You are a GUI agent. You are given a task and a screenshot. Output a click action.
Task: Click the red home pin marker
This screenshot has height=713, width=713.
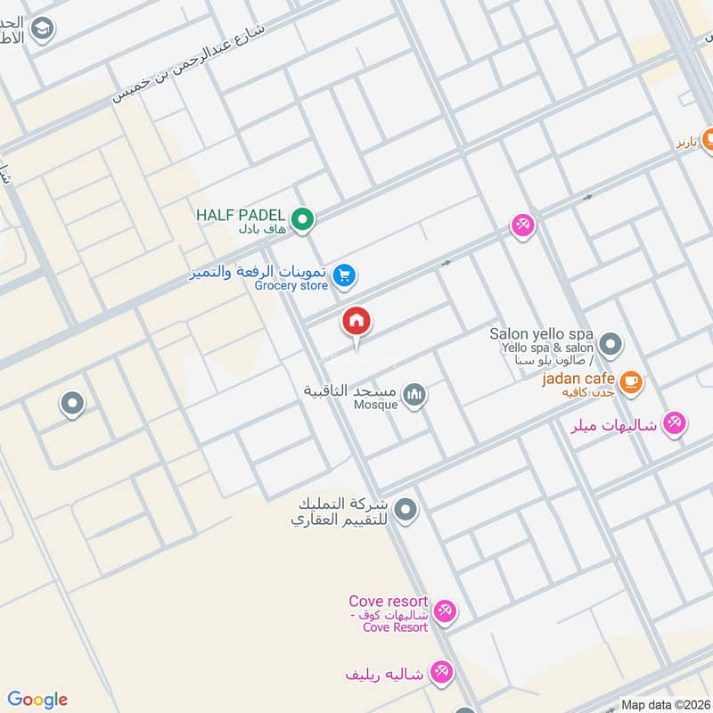356,322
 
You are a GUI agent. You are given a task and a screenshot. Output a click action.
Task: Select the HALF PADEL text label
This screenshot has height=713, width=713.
241,215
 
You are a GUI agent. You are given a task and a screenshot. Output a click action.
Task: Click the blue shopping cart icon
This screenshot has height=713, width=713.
346,277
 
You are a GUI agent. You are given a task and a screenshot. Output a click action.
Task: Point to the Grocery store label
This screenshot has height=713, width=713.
291,286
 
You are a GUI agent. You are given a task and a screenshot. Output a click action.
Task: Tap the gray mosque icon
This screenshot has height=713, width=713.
414,395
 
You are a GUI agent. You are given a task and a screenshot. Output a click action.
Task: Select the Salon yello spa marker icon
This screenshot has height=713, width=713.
611,343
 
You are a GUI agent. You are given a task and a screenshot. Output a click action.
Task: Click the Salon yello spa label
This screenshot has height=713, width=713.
541,334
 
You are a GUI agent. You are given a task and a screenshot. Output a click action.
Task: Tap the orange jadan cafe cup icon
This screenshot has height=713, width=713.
631,381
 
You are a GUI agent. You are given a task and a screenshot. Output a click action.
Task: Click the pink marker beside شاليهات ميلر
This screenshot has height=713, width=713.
675,424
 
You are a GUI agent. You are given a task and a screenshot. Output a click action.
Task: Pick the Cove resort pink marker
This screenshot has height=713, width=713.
446,611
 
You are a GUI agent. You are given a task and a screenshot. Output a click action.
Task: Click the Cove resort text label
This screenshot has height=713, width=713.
389,602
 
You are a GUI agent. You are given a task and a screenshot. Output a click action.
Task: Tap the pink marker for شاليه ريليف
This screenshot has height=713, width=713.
439,672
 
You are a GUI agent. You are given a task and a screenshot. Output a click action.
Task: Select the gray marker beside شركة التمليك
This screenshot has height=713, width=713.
406,511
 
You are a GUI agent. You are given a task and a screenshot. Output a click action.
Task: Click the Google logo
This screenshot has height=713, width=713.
37,700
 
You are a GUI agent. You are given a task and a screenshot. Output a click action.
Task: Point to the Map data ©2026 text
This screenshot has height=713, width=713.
664,704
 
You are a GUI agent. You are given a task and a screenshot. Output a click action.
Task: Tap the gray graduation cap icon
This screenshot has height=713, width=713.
41,29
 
